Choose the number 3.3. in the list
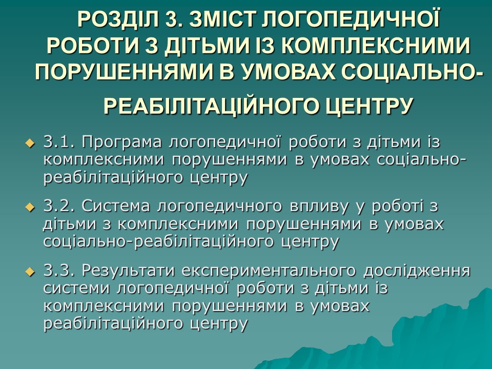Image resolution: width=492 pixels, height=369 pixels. (x=59, y=271)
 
